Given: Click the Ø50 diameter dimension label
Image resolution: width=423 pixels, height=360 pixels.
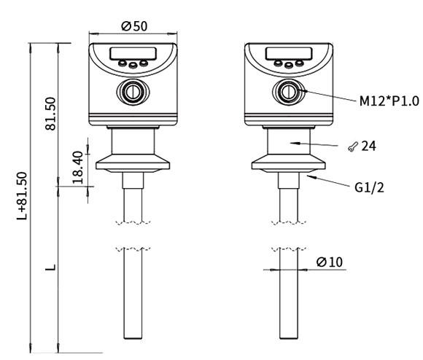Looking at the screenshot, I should [134, 26].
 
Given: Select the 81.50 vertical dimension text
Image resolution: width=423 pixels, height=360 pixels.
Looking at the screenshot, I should [52, 114].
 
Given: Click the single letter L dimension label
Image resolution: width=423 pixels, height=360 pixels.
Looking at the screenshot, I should [50, 269].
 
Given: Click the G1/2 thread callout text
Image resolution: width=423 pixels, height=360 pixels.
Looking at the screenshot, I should [369, 187].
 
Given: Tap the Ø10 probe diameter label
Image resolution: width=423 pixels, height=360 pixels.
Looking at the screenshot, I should [330, 262].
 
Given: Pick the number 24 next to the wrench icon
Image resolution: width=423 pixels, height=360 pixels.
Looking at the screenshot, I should [369, 146].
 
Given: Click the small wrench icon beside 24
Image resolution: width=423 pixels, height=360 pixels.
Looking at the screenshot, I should [352, 147].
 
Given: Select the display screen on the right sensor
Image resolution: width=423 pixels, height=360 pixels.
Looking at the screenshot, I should [286, 54].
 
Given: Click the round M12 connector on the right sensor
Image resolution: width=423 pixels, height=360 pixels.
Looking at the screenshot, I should [286, 91].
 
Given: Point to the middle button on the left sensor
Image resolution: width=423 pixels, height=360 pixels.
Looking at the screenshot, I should [132, 66].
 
